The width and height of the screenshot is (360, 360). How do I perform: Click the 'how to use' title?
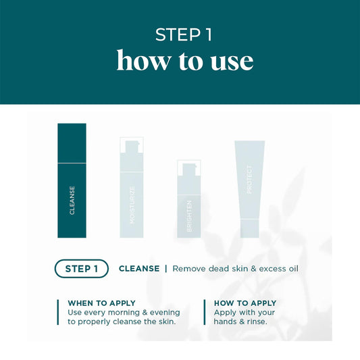(x=184, y=61)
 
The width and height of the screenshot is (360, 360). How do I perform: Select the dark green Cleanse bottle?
(x=72, y=180)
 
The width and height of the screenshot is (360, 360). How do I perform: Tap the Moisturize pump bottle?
(x=132, y=192)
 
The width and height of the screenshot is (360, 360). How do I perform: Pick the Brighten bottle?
(x=189, y=203)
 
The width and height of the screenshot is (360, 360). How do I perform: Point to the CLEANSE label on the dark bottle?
(x=72, y=200)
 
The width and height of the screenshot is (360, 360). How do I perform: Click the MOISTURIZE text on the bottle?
(x=132, y=205)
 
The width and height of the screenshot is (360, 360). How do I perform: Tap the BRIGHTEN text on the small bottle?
(x=189, y=216)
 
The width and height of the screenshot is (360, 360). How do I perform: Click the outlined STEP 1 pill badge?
(x=81, y=268)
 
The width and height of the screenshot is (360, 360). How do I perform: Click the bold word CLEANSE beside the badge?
(x=139, y=268)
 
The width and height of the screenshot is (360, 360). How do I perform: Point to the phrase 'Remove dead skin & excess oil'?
(x=235, y=268)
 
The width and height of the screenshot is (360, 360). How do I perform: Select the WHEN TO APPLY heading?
(x=101, y=303)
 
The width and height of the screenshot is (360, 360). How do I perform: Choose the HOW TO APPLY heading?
(x=245, y=303)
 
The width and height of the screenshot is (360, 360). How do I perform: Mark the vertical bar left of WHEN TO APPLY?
(x=59, y=312)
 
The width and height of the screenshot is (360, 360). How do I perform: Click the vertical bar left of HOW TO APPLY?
(x=205, y=312)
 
